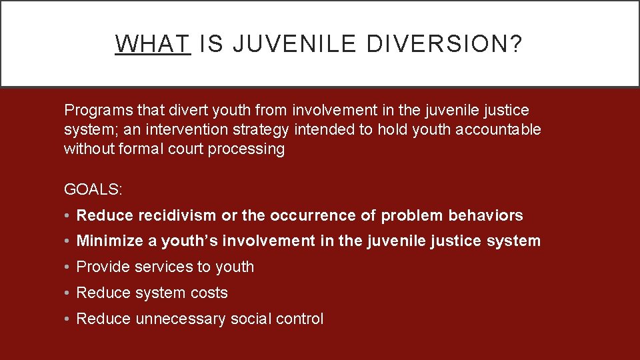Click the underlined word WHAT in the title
[153, 44]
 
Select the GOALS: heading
[93, 189]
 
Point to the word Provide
[103, 267]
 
